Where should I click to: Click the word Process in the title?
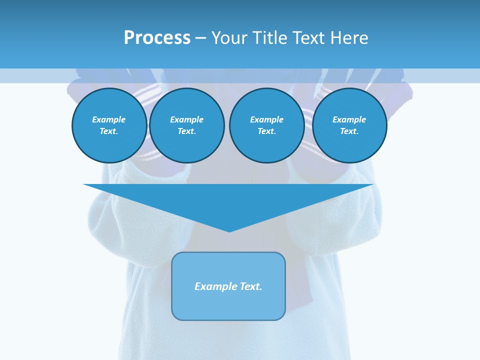pos(157,38)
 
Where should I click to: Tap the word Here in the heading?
pos(349,38)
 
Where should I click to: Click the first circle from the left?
pos(109,125)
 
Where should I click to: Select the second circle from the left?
pos(187,125)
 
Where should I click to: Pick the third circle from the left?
pos(267,125)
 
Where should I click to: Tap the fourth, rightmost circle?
pos(349,125)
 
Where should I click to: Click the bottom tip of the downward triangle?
pos(229,230)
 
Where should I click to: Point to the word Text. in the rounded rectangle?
pos(251,286)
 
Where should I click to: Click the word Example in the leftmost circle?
pos(109,119)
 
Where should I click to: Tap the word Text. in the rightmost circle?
pos(349,131)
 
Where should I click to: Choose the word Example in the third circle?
pos(267,119)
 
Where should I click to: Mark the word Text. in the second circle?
pos(187,131)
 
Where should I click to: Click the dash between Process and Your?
pos(200,38)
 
